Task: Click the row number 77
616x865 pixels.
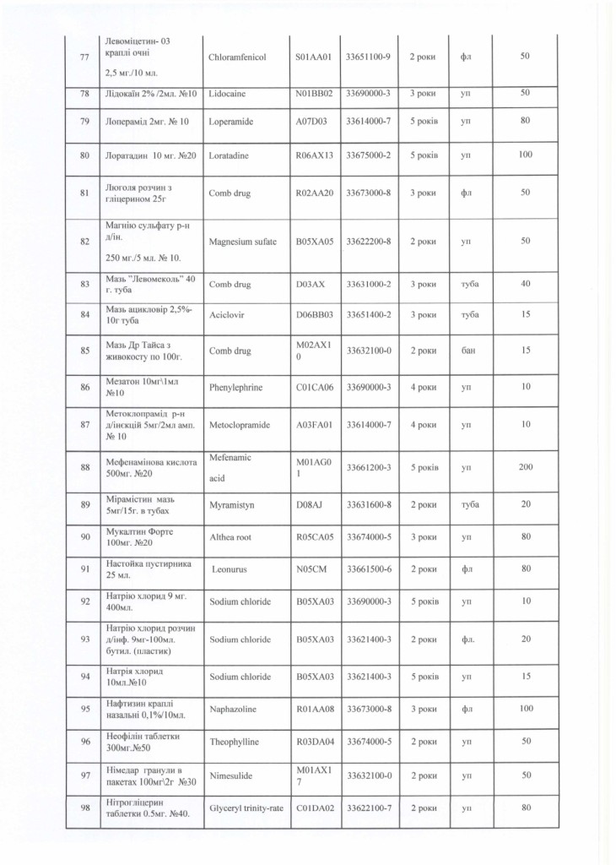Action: [84, 57]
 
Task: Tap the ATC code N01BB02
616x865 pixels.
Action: [315, 93]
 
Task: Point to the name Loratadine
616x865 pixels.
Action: [231, 156]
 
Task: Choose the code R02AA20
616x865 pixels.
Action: [315, 193]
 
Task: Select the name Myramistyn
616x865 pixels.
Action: [231, 504]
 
